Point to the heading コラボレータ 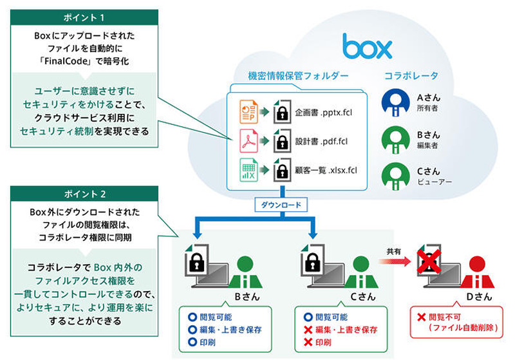[x=410, y=76]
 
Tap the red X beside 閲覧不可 [x=422, y=317]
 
